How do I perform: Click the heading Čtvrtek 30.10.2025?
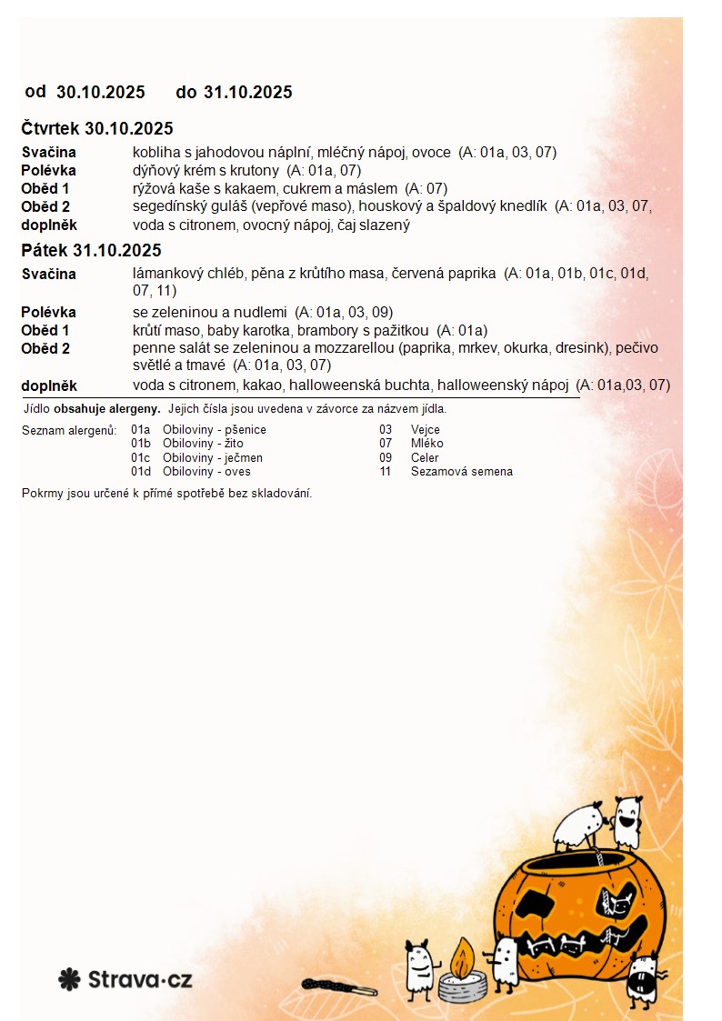coord(97,129)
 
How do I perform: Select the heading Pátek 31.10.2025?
coord(91,251)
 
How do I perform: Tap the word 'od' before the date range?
coord(35,92)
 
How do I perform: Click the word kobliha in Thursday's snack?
coord(155,153)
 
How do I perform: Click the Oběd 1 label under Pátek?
coord(45,331)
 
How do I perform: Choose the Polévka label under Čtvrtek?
coord(48,171)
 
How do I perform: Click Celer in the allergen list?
coord(425,458)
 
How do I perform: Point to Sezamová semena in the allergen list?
coord(461,472)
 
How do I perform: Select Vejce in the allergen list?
coord(426,430)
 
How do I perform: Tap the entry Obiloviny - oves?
coord(206,472)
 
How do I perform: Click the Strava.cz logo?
coord(125,979)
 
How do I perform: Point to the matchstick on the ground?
coord(338,986)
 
